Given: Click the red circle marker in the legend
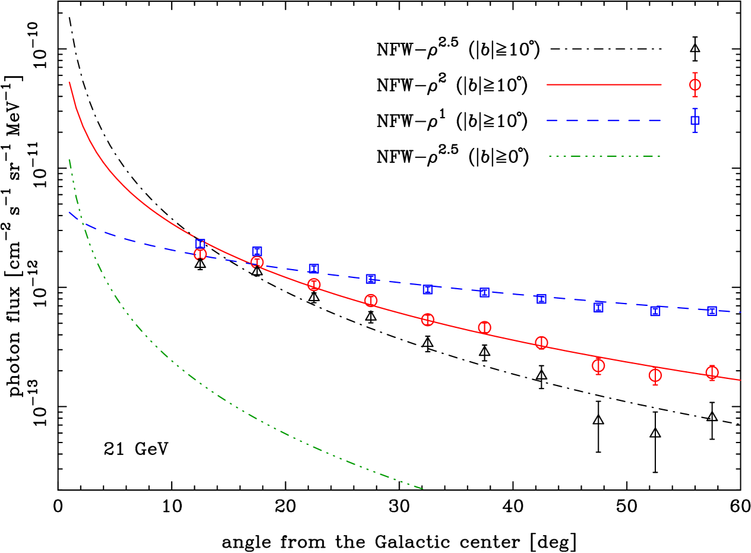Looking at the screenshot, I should (x=695, y=85).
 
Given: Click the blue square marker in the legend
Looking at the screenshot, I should (x=695, y=120).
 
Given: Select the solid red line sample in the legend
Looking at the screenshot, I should (x=604, y=84).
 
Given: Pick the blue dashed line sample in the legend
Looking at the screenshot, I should (x=604, y=120).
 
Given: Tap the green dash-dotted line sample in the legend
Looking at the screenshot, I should (x=604, y=157).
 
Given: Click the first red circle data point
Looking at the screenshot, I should (x=200, y=254).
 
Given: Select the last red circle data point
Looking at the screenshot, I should (x=712, y=372).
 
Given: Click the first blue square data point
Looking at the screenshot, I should (x=200, y=244).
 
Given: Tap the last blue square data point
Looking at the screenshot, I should (x=712, y=311).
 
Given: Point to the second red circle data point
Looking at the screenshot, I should (x=257, y=262).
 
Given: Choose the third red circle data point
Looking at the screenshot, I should (x=314, y=285).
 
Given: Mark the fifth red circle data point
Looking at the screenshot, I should (x=428, y=320).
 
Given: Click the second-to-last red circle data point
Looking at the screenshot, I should (x=655, y=375).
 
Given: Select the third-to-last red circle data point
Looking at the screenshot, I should (x=598, y=365).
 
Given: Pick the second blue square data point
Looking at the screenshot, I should (x=257, y=252).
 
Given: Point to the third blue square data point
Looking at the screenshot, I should (x=314, y=268).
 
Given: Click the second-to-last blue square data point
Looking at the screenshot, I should (x=655, y=311).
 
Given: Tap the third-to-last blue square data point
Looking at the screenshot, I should (x=598, y=306).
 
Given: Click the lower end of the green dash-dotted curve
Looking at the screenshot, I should (x=422, y=489).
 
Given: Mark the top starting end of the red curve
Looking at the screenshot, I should (x=70, y=83).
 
